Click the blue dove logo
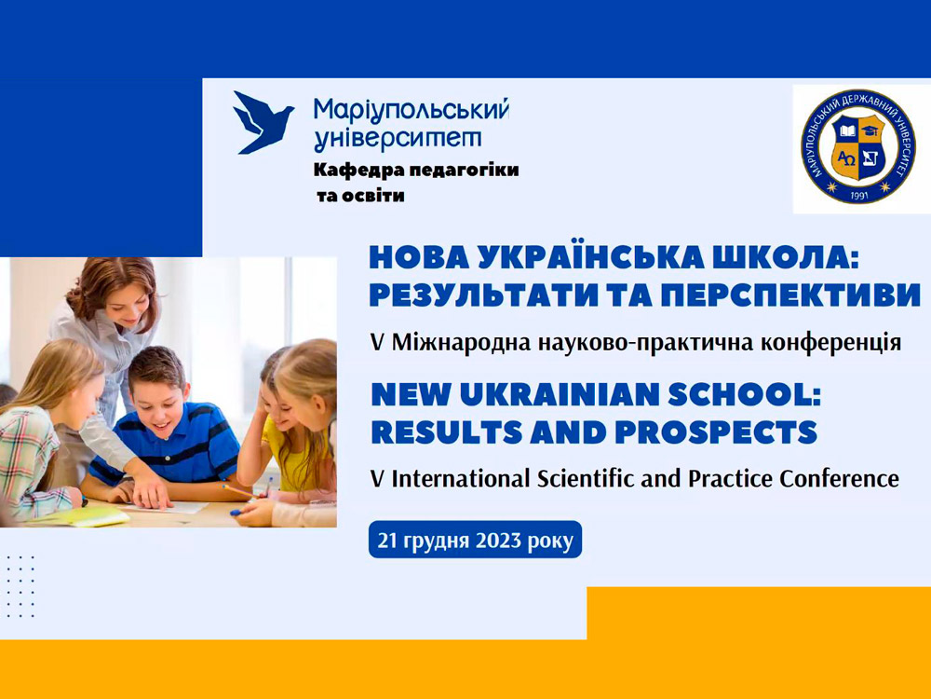pos(262,123)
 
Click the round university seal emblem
pos(858,147)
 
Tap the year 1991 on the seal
pos(859,195)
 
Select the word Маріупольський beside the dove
pos(411,109)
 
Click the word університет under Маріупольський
pos(398,138)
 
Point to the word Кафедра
pos(348,171)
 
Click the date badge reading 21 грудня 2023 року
pos(475,540)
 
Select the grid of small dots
pos(20,586)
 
